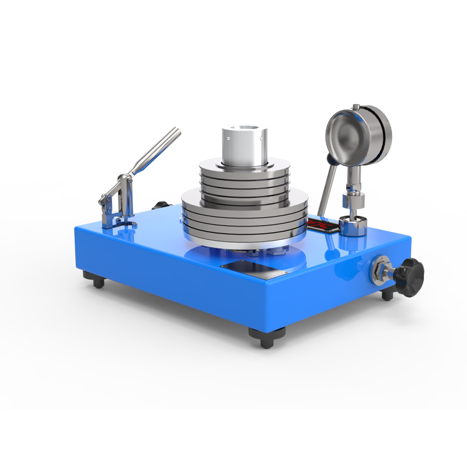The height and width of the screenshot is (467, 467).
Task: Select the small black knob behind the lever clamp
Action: [160, 205]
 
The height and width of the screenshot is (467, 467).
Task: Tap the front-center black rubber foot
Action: [267, 337]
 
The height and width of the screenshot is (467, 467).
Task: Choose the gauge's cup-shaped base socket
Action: [353, 225]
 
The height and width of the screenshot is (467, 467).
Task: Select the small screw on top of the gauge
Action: [356, 106]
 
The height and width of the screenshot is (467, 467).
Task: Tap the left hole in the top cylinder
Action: [228, 138]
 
